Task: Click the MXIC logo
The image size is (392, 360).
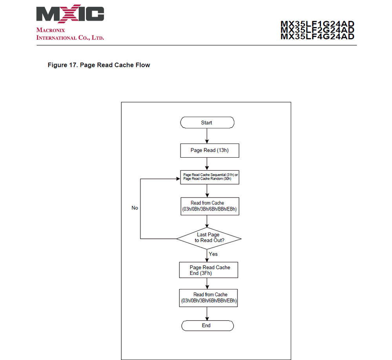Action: pos(70,15)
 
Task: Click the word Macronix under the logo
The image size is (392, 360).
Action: pos(50,30)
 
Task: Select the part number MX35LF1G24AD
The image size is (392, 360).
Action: pos(317,24)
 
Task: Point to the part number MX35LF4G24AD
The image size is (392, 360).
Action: pos(317,36)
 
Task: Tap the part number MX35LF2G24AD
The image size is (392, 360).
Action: pos(317,30)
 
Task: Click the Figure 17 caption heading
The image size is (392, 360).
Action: pos(98,65)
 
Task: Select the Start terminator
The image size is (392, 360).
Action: pos(207,122)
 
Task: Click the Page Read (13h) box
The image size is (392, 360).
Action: pos(209,150)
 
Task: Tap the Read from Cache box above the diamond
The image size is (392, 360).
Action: pos(208,206)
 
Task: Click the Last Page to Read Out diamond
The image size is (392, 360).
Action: pos(208,238)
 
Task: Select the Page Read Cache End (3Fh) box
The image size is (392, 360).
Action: pos(208,270)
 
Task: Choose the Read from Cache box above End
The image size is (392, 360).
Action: pos(208,298)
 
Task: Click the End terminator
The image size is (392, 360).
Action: pos(207,325)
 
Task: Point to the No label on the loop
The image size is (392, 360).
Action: pos(135,208)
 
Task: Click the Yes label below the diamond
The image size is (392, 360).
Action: pos(213,254)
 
